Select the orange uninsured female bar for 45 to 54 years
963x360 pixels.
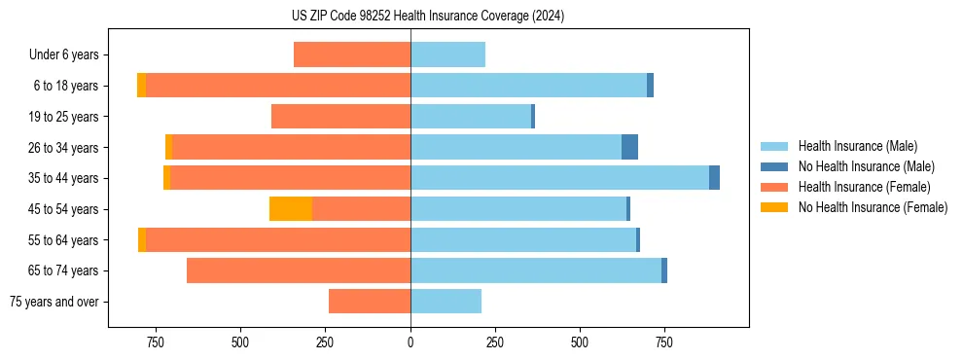click(x=290, y=209)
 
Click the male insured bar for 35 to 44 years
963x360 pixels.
click(x=559, y=178)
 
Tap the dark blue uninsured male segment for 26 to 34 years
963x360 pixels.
click(x=629, y=147)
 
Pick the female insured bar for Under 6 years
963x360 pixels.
click(x=351, y=55)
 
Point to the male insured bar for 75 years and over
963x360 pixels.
click(x=446, y=302)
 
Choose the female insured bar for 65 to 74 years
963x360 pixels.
click(x=298, y=270)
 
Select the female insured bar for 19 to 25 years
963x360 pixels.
click(x=340, y=117)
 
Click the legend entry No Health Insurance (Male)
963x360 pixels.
click(x=866, y=166)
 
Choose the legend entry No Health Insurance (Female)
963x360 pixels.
click(x=873, y=207)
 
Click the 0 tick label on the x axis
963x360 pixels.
click(x=410, y=342)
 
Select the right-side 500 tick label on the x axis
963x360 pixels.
click(x=580, y=342)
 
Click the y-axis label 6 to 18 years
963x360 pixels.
click(x=65, y=86)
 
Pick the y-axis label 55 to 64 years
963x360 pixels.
click(x=63, y=240)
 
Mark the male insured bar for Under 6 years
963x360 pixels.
click(x=447, y=55)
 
